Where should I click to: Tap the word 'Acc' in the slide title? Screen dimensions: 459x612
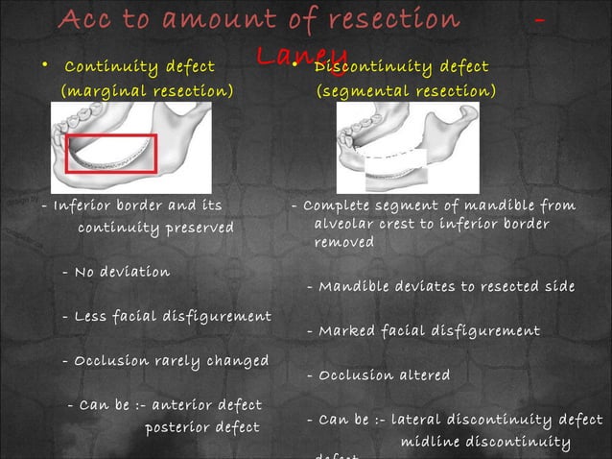click(87, 19)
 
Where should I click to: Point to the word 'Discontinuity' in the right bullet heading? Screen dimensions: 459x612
click(370, 66)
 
